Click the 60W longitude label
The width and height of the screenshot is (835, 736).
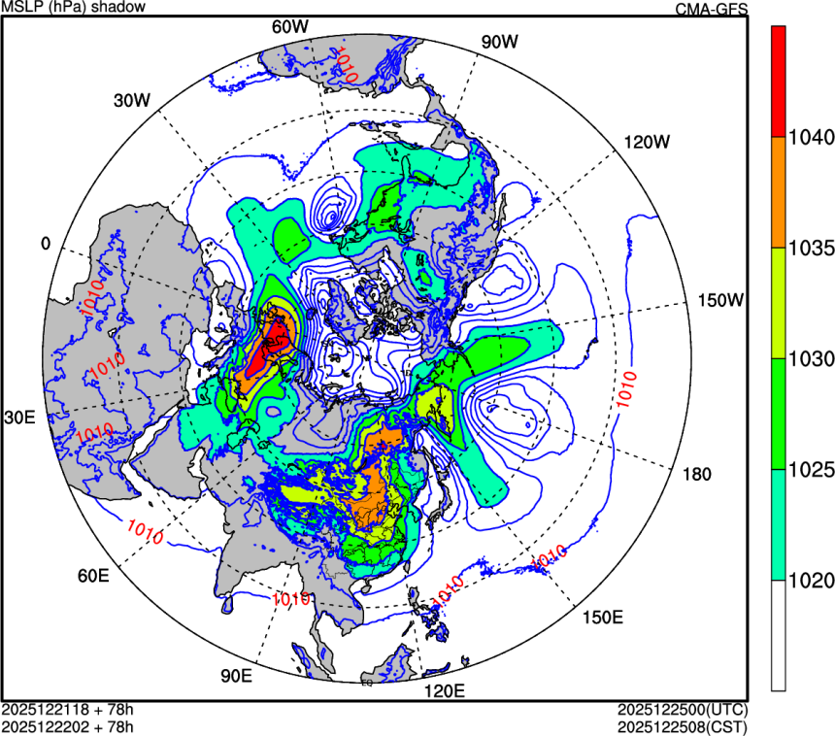point(289,26)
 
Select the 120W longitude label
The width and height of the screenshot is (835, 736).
point(647,141)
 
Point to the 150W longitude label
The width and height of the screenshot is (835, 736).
point(720,300)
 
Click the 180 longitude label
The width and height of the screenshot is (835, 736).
point(697,474)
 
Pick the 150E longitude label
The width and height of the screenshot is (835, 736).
point(602,618)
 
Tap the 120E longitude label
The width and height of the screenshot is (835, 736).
point(446,690)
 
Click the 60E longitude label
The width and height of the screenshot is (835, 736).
point(92,576)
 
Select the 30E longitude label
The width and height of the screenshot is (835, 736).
point(19,418)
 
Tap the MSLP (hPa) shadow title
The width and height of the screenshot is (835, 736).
point(74,8)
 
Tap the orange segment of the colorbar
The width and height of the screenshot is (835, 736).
point(779,191)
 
